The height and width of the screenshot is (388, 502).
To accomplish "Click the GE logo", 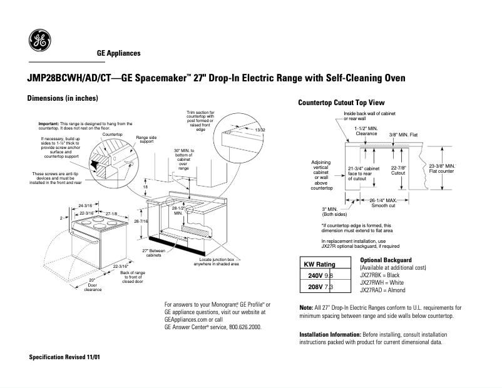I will click(x=41, y=42).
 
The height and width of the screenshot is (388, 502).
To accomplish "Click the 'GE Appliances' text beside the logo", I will click(x=118, y=54).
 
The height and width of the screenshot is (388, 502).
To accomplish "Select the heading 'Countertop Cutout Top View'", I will click(x=341, y=102).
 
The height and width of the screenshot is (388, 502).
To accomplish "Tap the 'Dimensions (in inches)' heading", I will click(x=63, y=99).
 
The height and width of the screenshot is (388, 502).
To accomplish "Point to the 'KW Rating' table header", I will click(x=319, y=264).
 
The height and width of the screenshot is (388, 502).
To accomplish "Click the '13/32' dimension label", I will click(x=260, y=130).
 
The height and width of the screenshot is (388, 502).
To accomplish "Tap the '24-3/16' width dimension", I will click(x=86, y=205).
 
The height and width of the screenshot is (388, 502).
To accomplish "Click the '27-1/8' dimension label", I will click(x=112, y=213).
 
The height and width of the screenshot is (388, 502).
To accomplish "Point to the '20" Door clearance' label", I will click(x=92, y=284).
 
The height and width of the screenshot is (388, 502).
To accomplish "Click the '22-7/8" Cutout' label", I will click(x=398, y=170).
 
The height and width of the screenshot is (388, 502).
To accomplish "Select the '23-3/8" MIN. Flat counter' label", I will click(x=441, y=168).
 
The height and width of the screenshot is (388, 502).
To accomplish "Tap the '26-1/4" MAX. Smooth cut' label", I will click(x=382, y=202).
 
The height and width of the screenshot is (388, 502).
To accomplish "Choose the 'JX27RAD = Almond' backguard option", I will click(x=383, y=290).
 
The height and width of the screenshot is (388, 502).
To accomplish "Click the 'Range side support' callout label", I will click(x=146, y=140).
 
